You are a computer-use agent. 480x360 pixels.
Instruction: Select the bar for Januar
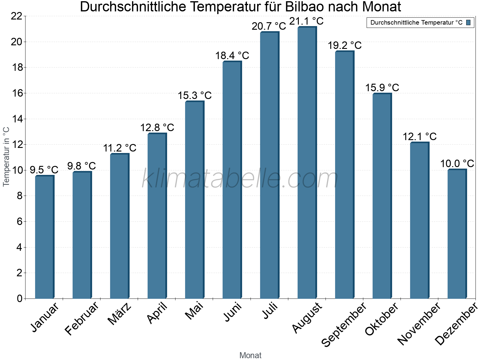tap(44, 237)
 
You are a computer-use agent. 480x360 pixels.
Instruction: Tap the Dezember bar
tap(457, 234)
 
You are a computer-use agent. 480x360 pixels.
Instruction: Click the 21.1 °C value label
tap(306, 21)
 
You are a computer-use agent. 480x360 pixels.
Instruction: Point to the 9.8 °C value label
tap(81, 166)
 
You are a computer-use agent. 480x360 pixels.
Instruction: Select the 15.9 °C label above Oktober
tap(382, 88)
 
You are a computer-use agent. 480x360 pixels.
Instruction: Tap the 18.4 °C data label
tap(232, 55)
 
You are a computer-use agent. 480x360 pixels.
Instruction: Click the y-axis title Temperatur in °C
tap(6, 157)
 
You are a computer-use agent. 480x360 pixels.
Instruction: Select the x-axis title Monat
tap(250, 355)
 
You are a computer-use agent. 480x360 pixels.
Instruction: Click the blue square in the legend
tap(468, 22)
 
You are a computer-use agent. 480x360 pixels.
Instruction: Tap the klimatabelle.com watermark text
tap(240, 178)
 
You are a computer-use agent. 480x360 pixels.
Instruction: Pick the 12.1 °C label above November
tap(419, 137)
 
